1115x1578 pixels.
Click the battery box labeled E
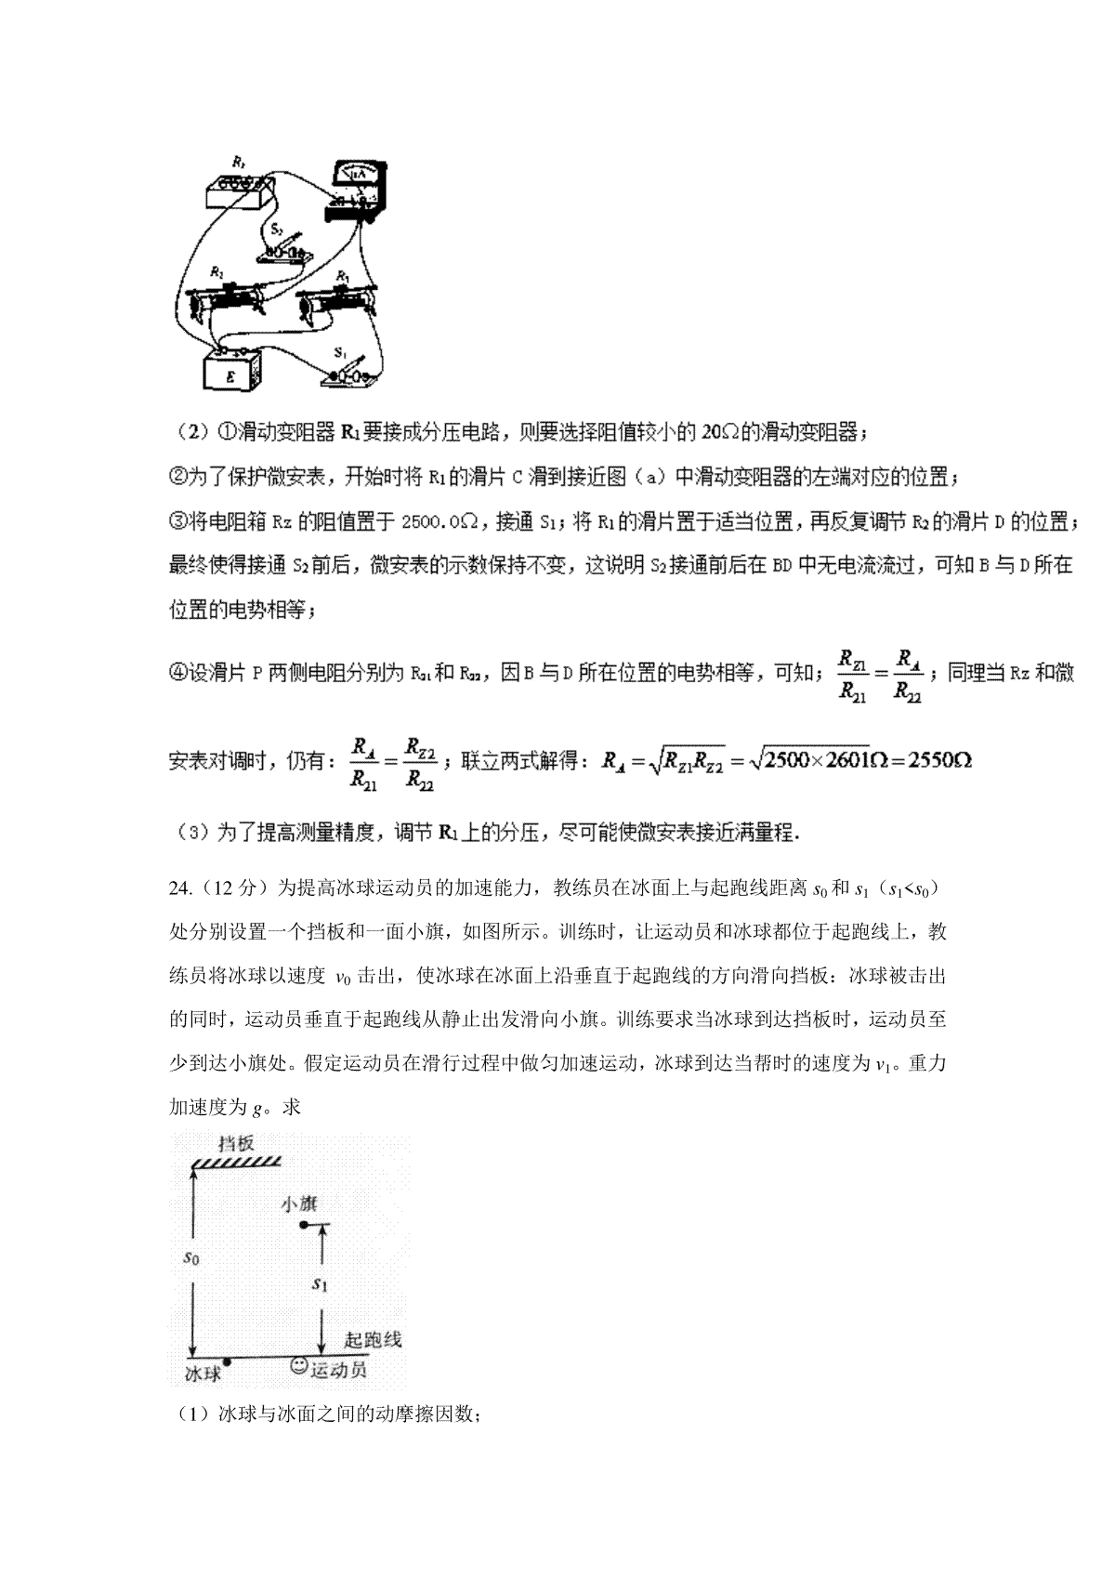coord(230,372)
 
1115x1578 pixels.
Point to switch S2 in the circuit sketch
coord(284,245)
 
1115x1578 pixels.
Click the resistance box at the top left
coord(240,189)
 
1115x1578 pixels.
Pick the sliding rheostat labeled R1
coord(336,301)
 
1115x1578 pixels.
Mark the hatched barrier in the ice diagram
coord(236,1162)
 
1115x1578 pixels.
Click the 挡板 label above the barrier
coord(236,1144)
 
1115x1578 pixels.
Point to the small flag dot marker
coord(303,1227)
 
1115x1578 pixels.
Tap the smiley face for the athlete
coord(299,1366)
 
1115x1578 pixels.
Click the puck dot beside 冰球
coord(227,1361)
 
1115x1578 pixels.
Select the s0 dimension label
coord(190,1258)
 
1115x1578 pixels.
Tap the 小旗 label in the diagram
coord(298,1204)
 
